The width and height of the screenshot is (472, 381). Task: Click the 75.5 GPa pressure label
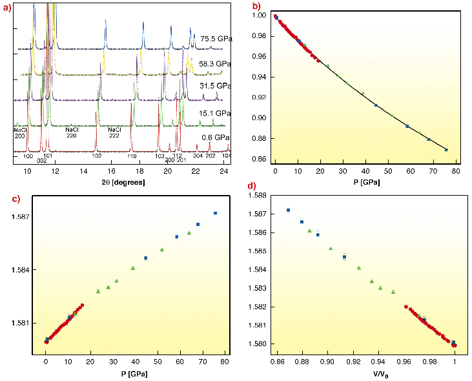(x=216, y=38)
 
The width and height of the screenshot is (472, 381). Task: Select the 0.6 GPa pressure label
(x=216, y=138)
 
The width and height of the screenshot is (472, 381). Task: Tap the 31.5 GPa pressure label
(x=216, y=86)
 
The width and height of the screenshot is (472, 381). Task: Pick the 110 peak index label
(x=131, y=157)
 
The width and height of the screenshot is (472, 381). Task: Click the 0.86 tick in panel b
(x=260, y=159)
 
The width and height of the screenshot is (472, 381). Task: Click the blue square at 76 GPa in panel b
(x=446, y=150)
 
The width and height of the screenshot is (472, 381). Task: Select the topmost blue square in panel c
(x=215, y=213)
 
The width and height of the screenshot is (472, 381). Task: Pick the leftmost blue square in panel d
(x=288, y=210)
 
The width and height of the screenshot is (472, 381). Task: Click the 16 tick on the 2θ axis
(x=112, y=172)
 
